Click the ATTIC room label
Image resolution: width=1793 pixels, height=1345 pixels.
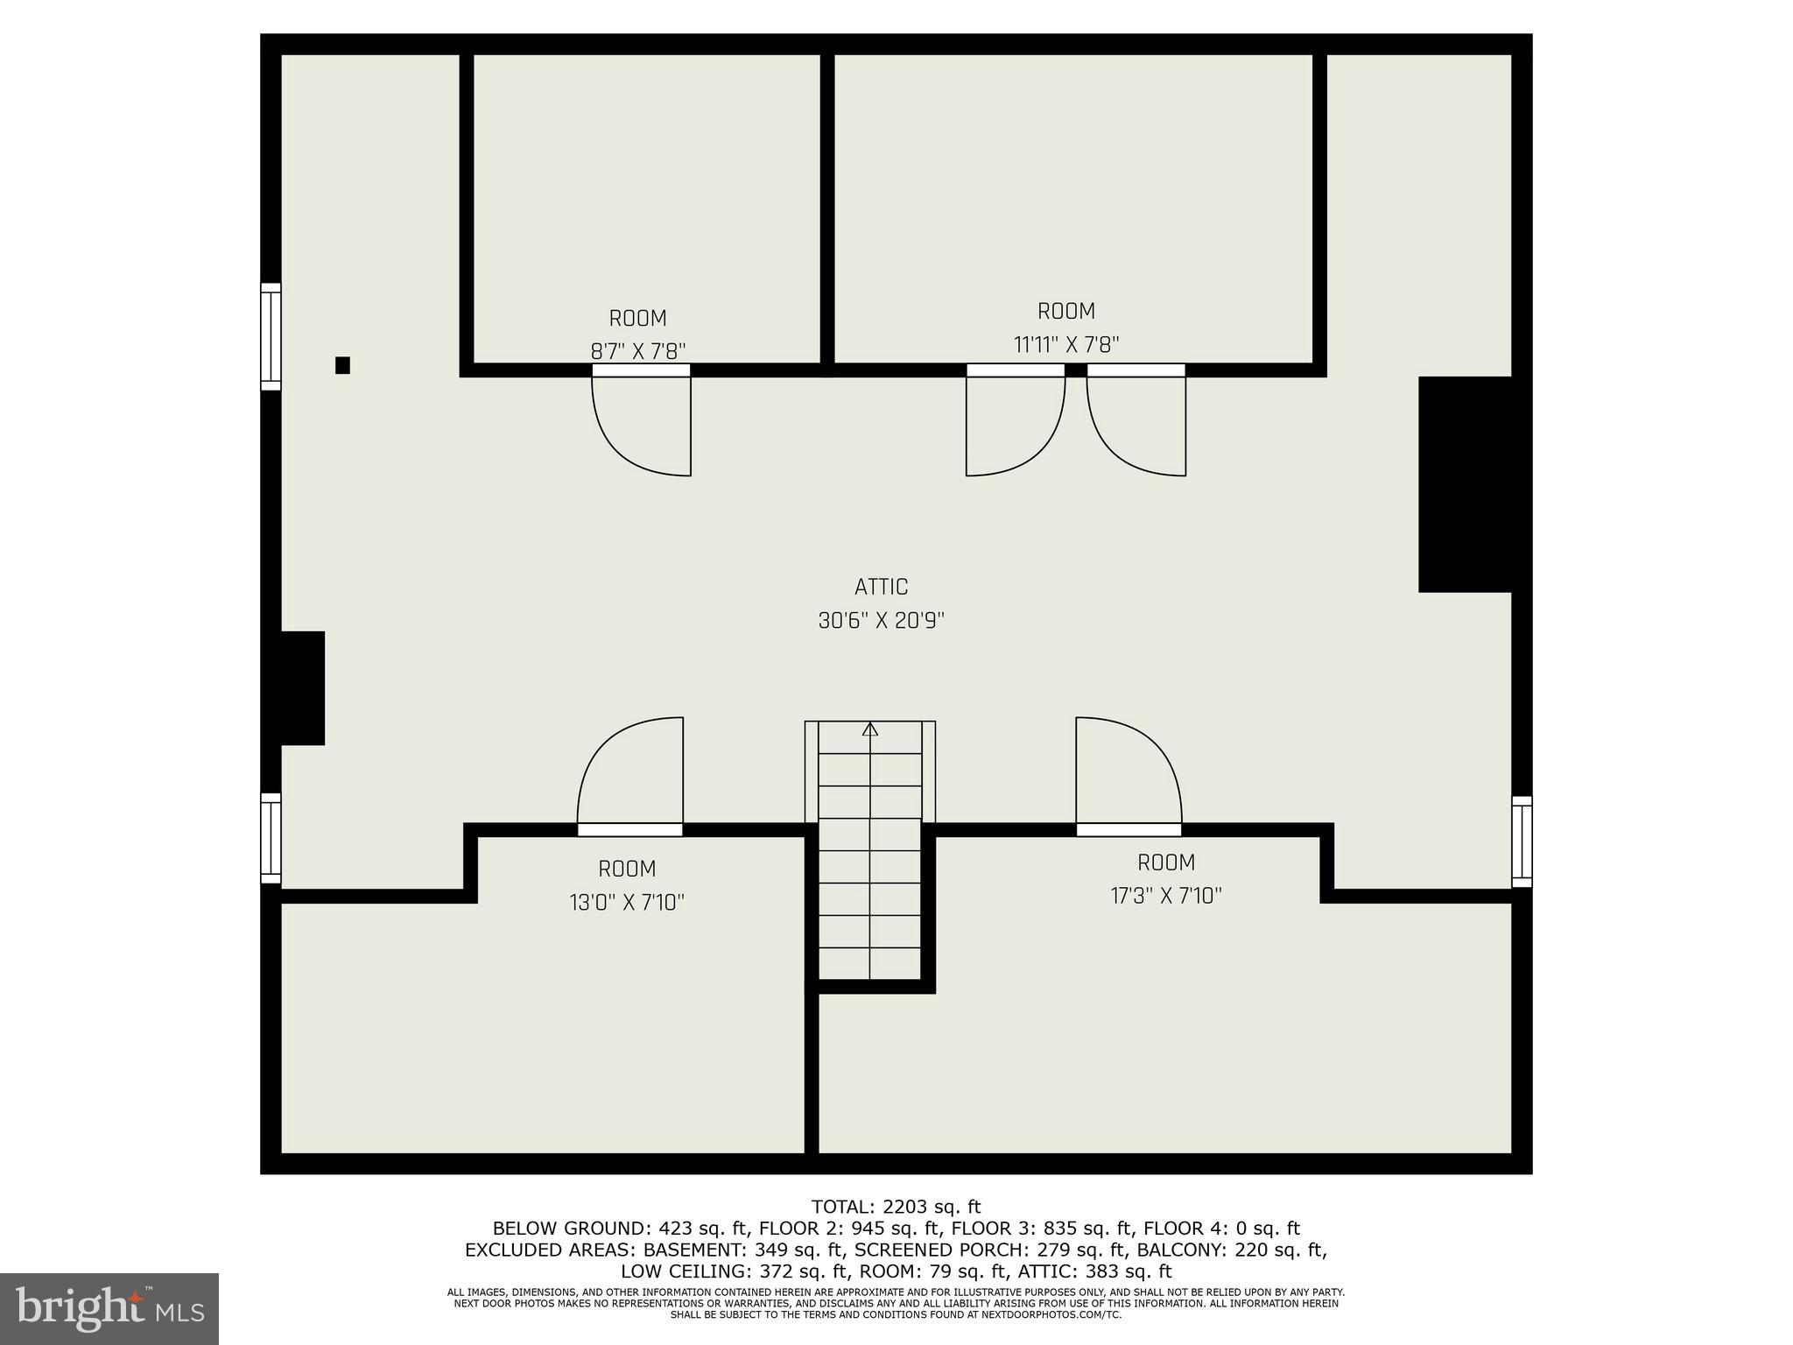(881, 587)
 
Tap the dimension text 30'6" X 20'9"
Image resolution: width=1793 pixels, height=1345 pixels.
(881, 621)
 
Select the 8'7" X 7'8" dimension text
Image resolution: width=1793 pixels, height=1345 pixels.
(638, 351)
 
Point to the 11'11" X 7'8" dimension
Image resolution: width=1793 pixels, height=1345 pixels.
(1065, 345)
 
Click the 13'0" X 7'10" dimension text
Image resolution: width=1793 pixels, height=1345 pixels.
(627, 902)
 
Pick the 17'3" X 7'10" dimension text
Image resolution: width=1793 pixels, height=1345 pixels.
(1165, 896)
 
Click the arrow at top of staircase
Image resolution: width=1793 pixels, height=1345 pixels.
(870, 729)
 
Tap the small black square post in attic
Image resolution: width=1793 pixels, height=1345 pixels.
(342, 365)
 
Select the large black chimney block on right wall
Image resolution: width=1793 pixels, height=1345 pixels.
(1465, 484)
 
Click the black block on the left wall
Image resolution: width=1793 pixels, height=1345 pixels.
(303, 688)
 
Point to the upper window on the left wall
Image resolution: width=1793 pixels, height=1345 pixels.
(271, 336)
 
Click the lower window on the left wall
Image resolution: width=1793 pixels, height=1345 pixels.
(271, 838)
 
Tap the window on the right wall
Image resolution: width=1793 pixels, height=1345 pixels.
(1522, 842)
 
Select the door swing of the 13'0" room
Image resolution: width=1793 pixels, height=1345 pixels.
(630, 771)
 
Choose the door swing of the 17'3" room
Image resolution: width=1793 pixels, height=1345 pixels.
(1129, 771)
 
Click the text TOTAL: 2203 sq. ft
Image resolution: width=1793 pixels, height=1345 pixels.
(896, 1208)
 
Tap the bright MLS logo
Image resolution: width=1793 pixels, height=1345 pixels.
(109, 1308)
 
